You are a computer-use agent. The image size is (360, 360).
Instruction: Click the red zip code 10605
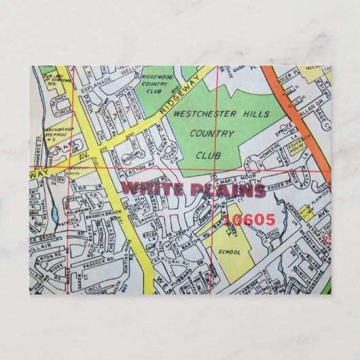[249, 219]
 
